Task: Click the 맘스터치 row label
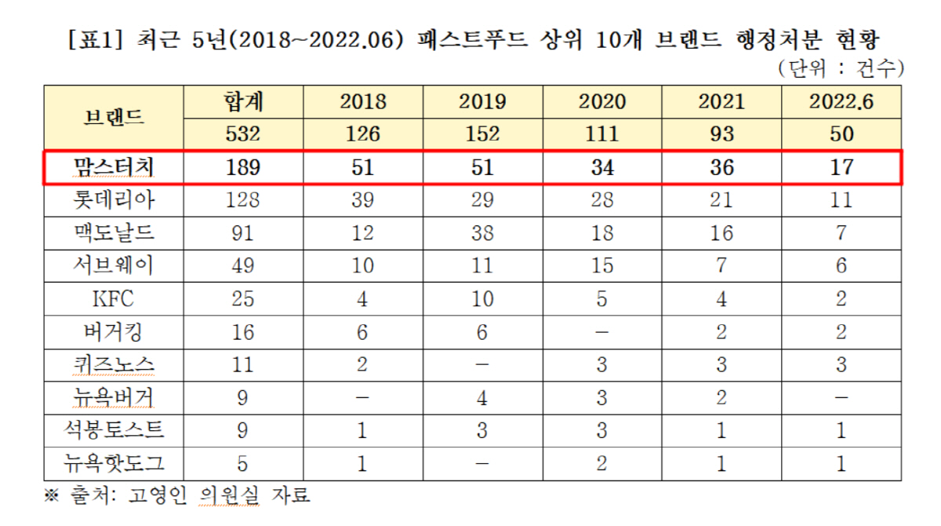tap(114, 167)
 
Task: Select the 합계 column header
tap(244, 100)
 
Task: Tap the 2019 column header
tap(482, 101)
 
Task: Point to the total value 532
tap(244, 133)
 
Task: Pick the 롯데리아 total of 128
tap(244, 200)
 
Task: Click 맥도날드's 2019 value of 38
tap(482, 233)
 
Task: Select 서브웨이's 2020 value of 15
tap(601, 266)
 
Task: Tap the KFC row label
tap(114, 299)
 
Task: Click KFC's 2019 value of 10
tap(482, 299)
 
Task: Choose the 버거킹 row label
tap(114, 332)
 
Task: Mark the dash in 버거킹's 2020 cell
tap(601, 332)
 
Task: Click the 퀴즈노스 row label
tap(114, 365)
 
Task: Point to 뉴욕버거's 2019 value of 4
tap(482, 398)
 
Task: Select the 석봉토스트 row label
tap(114, 431)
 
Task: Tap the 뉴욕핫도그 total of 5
tap(244, 463)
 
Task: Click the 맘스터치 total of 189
tap(244, 167)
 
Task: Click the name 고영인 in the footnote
tap(154, 495)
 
